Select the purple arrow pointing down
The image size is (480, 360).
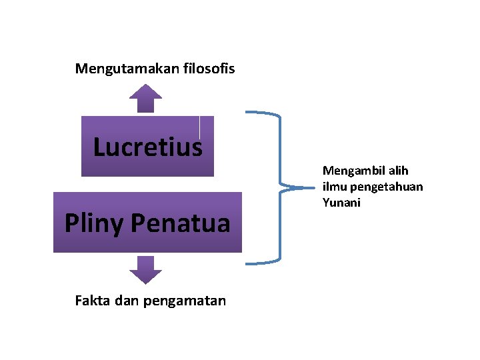pyautogui.click(x=145, y=269)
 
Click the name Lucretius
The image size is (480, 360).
pyautogui.click(x=147, y=147)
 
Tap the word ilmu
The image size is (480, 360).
pyautogui.click(x=334, y=187)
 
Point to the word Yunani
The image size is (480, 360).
pyautogui.click(x=341, y=203)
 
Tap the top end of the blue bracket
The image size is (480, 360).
pyautogui.click(x=247, y=112)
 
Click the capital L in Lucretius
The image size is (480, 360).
pyautogui.click(x=100, y=147)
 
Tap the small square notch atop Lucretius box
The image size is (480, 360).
pyautogui.click(x=207, y=126)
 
